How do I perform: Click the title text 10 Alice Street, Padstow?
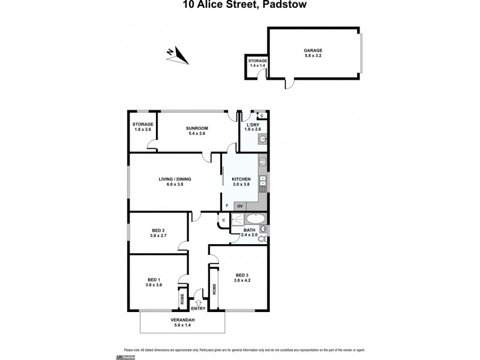point(239,5)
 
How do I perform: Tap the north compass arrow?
point(178,56)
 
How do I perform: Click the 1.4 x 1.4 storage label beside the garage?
point(257,64)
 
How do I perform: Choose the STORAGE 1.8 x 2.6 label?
point(143,127)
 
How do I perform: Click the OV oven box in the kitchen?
point(239,206)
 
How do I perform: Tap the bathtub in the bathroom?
point(251,219)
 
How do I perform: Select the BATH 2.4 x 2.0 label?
point(249,233)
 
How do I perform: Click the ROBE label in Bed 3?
point(214,289)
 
